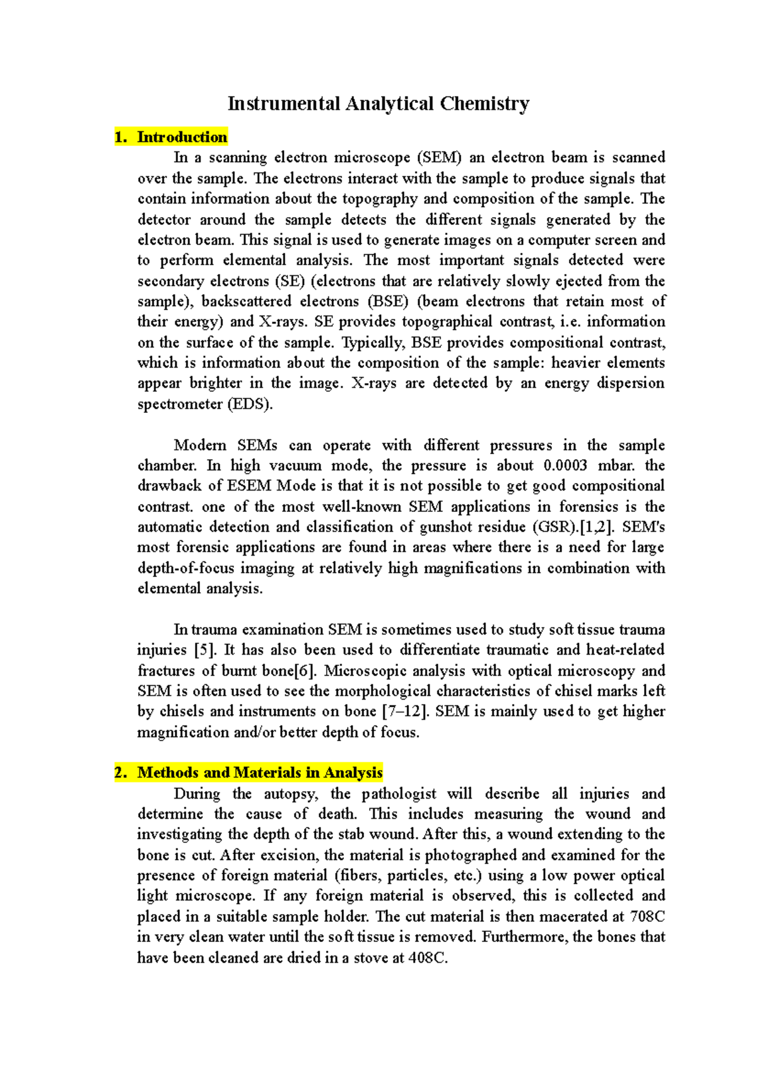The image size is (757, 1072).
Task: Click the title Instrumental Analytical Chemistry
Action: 378,103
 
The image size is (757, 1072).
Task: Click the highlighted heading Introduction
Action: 182,137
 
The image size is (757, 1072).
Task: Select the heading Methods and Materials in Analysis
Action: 259,772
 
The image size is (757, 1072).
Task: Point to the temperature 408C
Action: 428,957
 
